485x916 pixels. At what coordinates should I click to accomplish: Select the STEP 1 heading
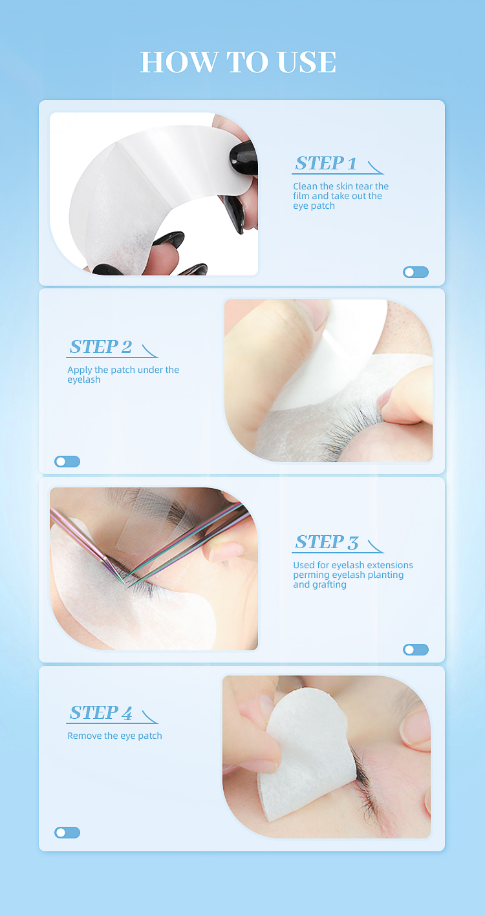(x=325, y=163)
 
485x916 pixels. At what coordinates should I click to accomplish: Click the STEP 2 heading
(x=101, y=346)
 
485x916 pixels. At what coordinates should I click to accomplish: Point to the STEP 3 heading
(x=327, y=542)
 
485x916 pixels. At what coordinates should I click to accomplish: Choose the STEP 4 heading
(x=101, y=712)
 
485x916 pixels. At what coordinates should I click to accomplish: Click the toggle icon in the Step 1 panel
(x=415, y=272)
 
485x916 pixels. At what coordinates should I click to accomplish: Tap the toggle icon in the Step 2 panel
(x=67, y=462)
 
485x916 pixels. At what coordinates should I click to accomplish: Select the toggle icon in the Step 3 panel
(x=415, y=650)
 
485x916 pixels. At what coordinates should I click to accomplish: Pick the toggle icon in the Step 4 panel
(x=67, y=832)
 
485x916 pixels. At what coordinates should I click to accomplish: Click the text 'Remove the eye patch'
(x=114, y=736)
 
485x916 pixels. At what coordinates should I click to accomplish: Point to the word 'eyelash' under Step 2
(x=84, y=380)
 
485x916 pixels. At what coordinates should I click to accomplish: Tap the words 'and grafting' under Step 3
(x=320, y=585)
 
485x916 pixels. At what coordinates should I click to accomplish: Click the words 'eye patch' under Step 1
(x=314, y=206)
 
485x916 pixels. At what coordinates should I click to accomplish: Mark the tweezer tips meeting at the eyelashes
(x=125, y=583)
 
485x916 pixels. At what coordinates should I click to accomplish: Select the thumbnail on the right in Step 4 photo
(x=415, y=730)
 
